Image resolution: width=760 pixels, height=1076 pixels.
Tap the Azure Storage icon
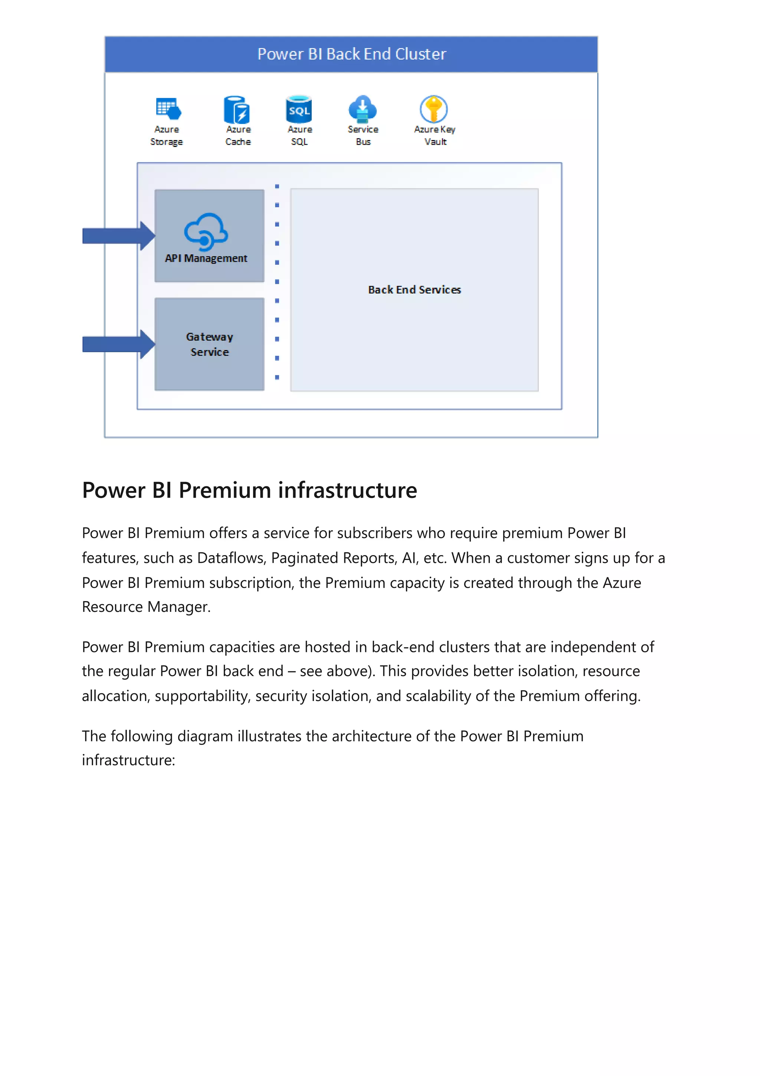click(x=168, y=109)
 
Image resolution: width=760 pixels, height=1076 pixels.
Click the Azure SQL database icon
click(x=299, y=109)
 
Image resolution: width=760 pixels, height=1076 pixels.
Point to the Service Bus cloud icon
click(x=363, y=108)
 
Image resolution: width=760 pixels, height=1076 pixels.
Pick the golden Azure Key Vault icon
click(x=433, y=109)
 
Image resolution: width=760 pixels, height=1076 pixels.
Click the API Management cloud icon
click(x=206, y=232)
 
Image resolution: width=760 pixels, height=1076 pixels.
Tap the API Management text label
click(x=206, y=258)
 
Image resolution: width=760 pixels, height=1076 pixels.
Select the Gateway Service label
click(x=209, y=345)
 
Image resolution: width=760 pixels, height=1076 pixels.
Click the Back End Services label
click(x=415, y=290)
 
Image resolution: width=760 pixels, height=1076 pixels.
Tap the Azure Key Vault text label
click(x=435, y=136)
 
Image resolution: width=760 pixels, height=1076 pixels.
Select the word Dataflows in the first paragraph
click(x=231, y=558)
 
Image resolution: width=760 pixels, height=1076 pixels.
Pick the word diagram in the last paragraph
click(x=205, y=736)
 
